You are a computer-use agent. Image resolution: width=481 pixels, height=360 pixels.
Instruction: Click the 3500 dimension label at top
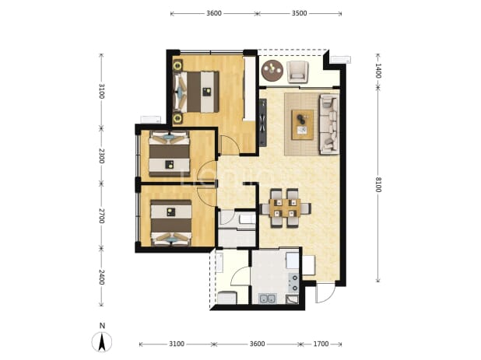point(299,13)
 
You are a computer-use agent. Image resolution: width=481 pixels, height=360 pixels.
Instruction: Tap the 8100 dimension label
point(378,184)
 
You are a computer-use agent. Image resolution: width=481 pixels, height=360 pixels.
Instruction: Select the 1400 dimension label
point(378,71)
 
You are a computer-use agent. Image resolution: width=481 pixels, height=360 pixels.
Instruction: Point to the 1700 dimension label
point(321,344)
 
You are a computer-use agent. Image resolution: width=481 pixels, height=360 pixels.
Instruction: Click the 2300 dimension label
point(101,156)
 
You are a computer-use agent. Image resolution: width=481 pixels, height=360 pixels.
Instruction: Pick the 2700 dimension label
point(101,215)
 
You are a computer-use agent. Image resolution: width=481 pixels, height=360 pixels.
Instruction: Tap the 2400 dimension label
point(101,277)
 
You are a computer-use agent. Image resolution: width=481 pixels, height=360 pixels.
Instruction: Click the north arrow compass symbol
point(102,338)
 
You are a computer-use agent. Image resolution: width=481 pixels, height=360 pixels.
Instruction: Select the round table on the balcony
point(272,71)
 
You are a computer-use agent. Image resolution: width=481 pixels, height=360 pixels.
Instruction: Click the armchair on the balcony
point(297,72)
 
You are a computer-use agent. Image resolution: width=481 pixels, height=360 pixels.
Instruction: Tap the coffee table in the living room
point(303,124)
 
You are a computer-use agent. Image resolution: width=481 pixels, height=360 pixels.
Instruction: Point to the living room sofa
point(329,124)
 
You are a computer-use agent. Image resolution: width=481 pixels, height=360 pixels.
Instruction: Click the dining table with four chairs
point(285,208)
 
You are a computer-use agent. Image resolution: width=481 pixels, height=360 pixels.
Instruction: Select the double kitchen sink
point(268,298)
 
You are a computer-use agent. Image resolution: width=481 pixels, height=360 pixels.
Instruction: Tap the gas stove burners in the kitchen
point(293,282)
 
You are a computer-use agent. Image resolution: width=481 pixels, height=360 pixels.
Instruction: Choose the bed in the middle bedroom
point(170,154)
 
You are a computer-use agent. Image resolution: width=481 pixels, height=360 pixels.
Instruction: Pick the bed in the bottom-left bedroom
point(171,222)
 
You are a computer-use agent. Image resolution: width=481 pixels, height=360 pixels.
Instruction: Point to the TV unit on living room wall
point(262,123)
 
